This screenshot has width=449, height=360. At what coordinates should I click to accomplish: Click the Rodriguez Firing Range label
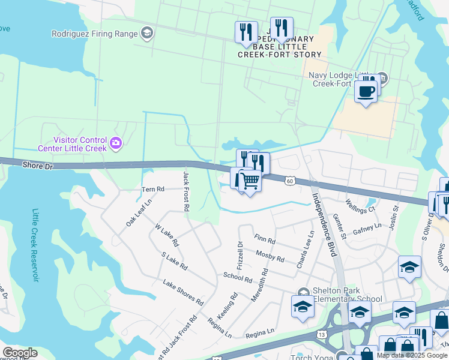95,34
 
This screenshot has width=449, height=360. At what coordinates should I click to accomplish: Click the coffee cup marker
365,92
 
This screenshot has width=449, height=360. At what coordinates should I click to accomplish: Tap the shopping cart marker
250,180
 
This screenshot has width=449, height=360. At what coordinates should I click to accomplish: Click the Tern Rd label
152,189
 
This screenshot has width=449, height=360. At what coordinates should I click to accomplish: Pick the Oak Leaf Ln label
139,213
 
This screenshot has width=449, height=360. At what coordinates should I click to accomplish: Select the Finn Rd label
264,240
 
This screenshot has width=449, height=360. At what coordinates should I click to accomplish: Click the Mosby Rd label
270,257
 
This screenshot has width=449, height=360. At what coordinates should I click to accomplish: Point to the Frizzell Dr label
240,254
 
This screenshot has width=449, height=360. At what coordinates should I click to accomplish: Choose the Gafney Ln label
367,229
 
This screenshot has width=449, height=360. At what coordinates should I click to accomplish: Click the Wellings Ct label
360,206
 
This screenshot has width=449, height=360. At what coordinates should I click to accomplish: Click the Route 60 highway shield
290,181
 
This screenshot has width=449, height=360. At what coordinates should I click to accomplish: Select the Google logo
20,353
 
